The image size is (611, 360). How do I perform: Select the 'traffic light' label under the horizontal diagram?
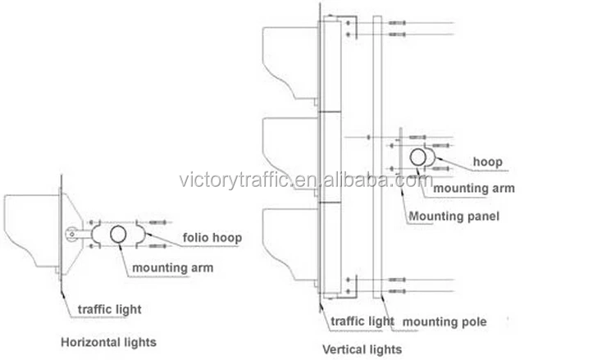pyautogui.click(x=109, y=309)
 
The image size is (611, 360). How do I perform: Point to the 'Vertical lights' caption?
pyautogui.click(x=362, y=349)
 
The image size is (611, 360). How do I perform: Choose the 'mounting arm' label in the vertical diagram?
pyautogui.click(x=473, y=188)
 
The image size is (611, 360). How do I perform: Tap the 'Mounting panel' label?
pyautogui.click(x=454, y=216)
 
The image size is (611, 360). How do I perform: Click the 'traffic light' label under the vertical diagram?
pyautogui.click(x=360, y=322)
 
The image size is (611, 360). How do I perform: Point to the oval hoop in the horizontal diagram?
pyautogui.click(x=118, y=235)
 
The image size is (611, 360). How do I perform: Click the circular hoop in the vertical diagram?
pyautogui.click(x=418, y=157)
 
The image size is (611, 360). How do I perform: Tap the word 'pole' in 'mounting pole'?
pyautogui.click(x=474, y=322)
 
